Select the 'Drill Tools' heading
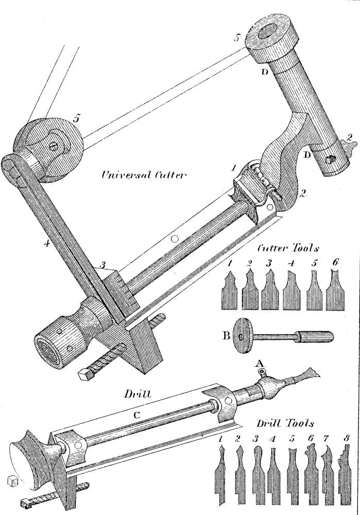point(285,424)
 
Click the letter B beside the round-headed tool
point(225,338)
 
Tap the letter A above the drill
point(260,363)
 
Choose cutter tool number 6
point(335,294)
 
